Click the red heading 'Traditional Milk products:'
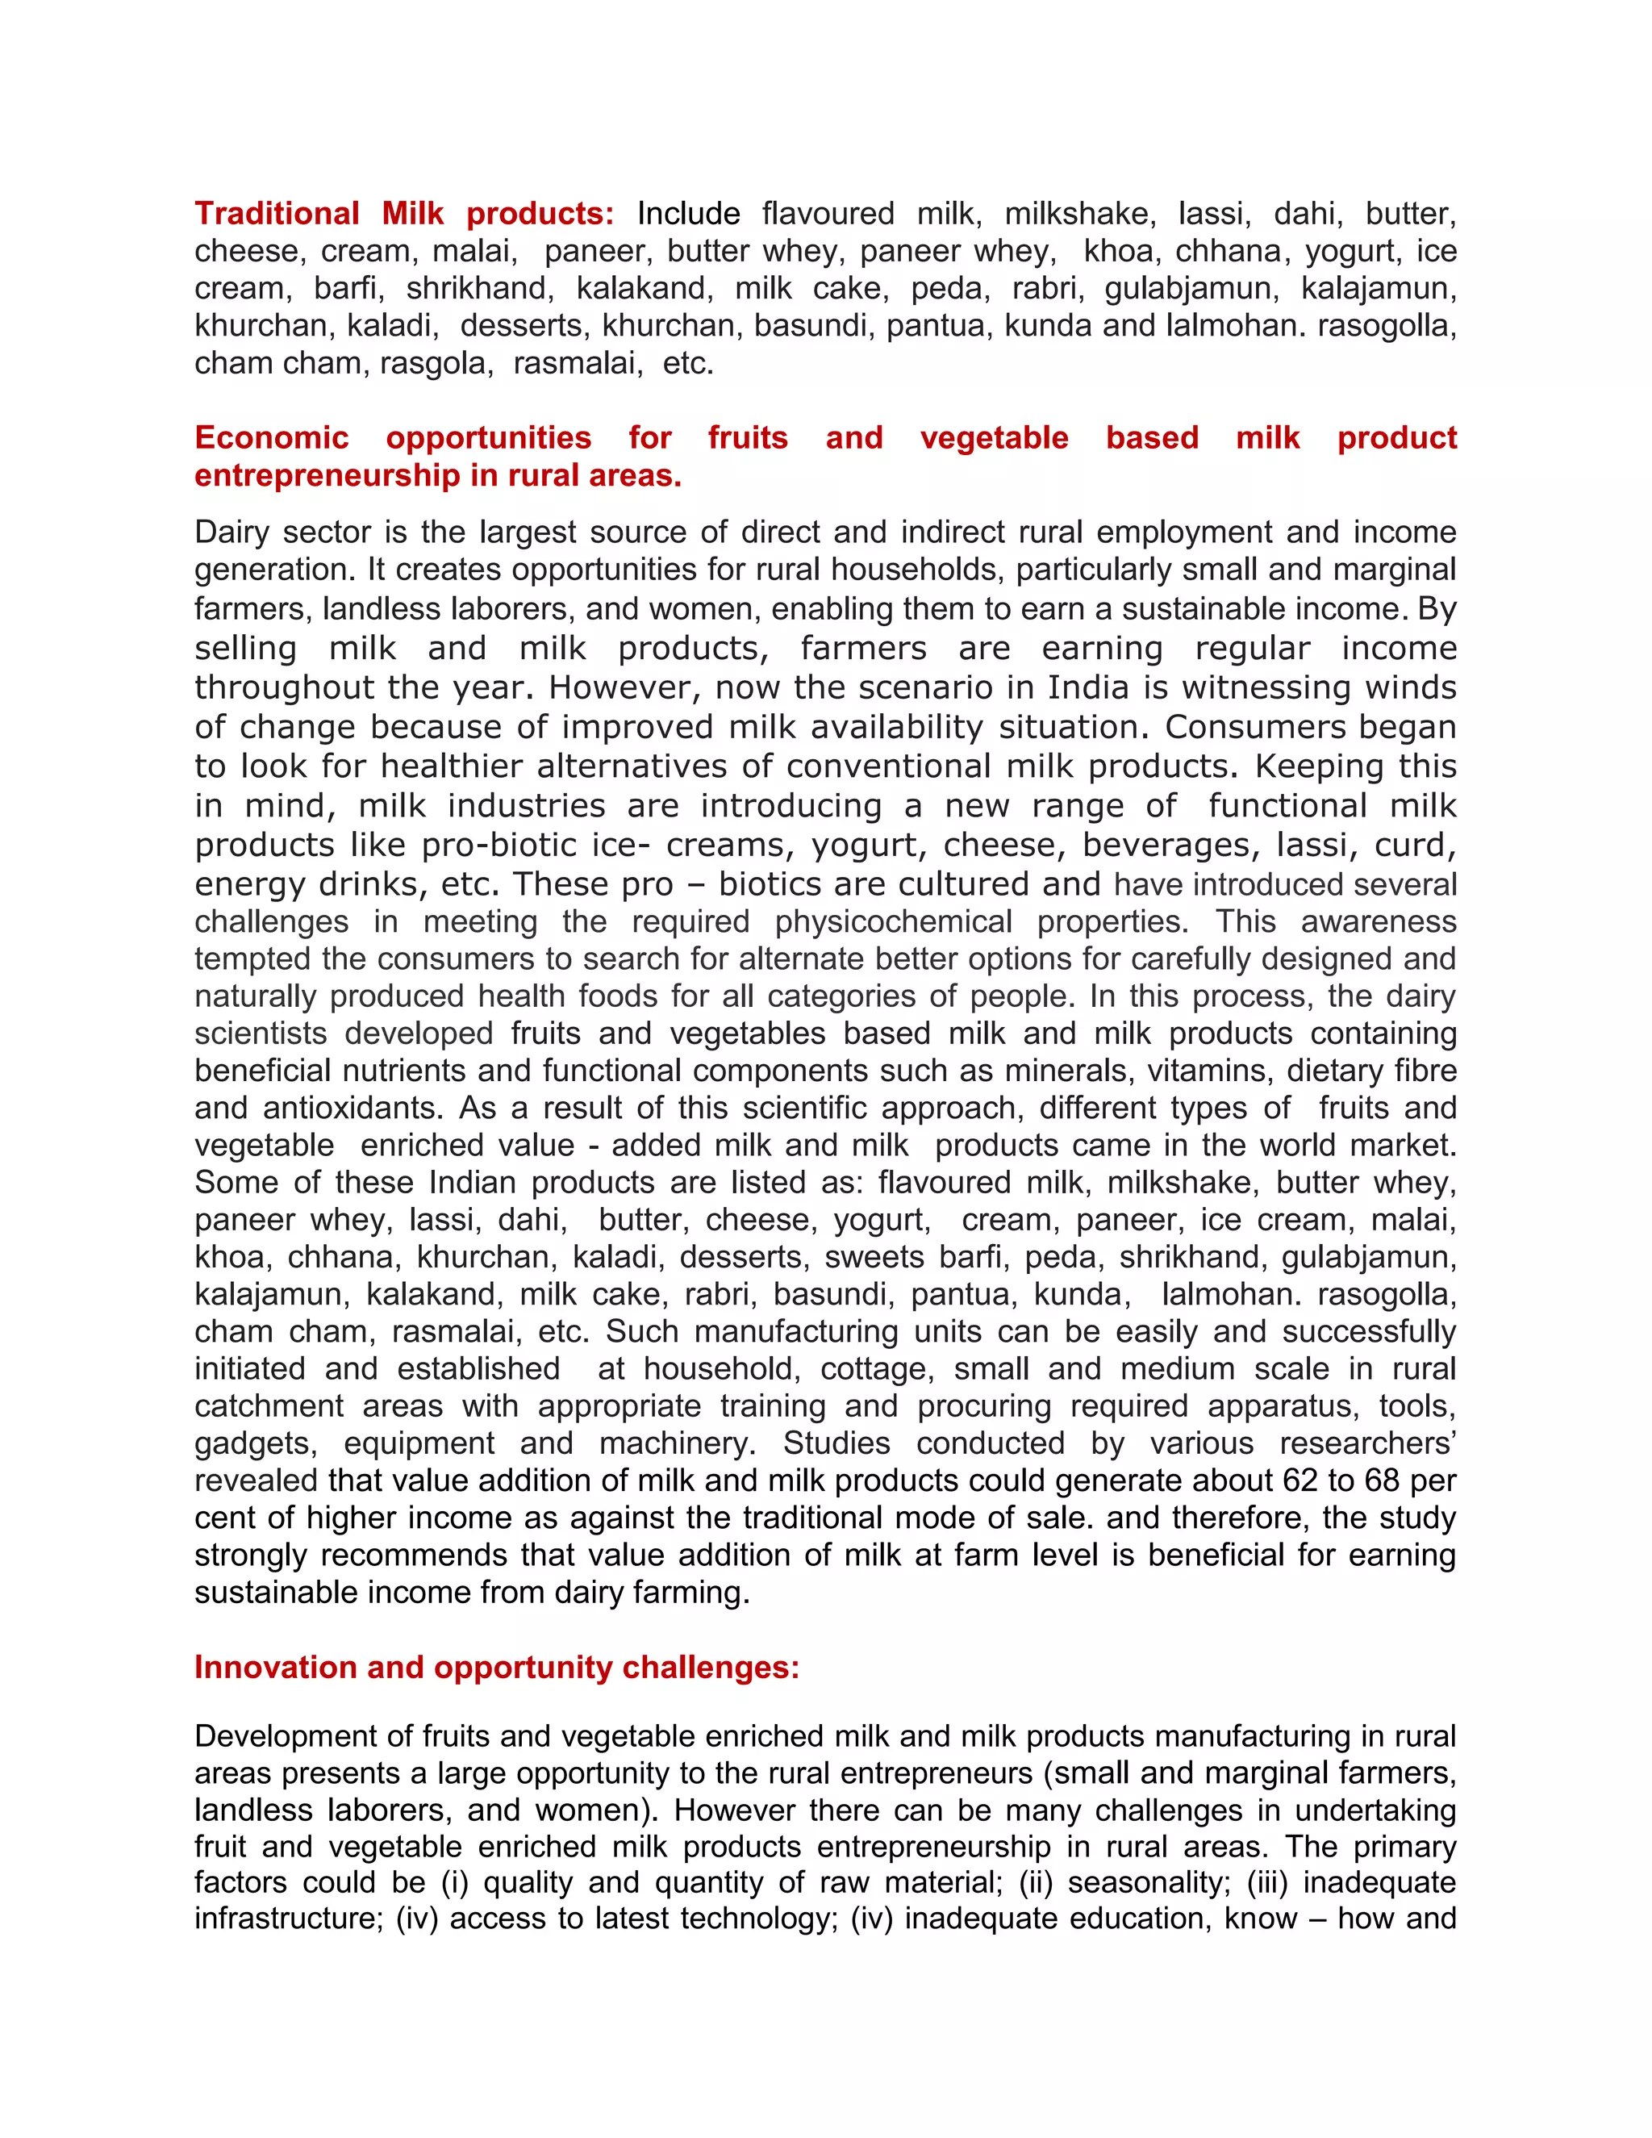tap(403, 214)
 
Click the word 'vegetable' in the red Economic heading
tap(993, 437)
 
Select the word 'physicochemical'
tap(893, 921)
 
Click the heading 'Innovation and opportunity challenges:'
tap(496, 1667)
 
